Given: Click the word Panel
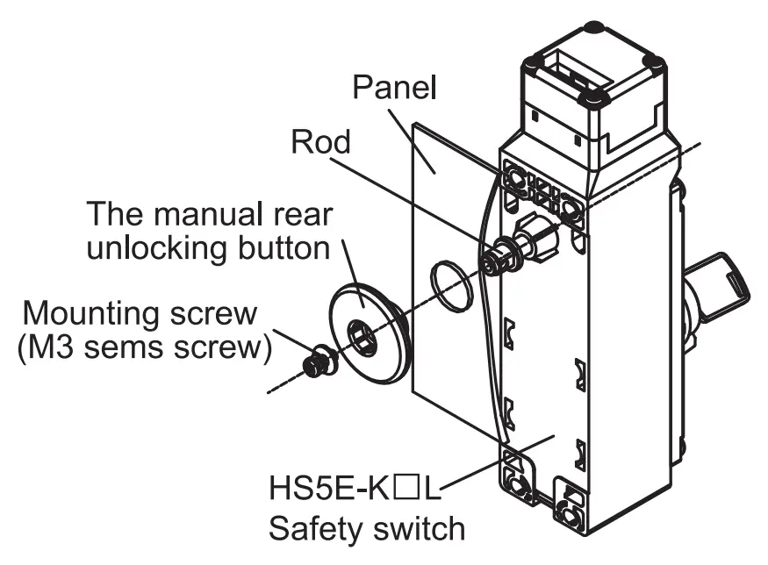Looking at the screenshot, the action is pos(394,87).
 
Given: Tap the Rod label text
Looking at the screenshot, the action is pos(321,142).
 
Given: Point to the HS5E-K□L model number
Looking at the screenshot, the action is pos(355,488).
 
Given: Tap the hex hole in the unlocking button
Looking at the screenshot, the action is pos(362,335).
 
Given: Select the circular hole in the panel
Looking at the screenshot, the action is pos(452,286).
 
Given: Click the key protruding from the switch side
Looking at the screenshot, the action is pos(720,284).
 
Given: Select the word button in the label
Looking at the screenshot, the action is pos(284,248).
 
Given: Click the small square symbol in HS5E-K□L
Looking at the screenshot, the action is pos(408,488).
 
